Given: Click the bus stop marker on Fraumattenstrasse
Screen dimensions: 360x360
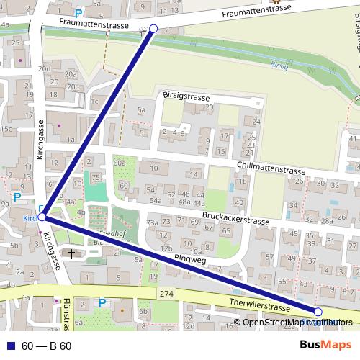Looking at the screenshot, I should pyautogui.click(x=153, y=29).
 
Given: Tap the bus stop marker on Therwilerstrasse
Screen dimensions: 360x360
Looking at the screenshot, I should pyautogui.click(x=318, y=312).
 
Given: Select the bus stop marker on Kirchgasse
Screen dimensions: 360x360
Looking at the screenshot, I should pyautogui.click(x=42, y=216).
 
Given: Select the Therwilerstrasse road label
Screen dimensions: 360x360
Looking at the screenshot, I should pyautogui.click(x=258, y=305).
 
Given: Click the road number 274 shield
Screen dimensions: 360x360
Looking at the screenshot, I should pyautogui.click(x=168, y=294).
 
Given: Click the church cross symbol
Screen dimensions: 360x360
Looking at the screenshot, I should pyautogui.click(x=71, y=253).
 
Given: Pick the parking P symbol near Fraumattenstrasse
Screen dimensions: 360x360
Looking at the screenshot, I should pyautogui.click(x=78, y=13).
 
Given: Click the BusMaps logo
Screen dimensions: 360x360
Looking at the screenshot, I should pyautogui.click(x=326, y=346).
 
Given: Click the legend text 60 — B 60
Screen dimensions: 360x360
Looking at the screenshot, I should pyautogui.click(x=46, y=346).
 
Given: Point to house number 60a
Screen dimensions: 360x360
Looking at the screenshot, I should pyautogui.click(x=120, y=163).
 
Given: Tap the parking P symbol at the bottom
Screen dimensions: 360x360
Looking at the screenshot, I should pyautogui.click(x=102, y=302).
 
